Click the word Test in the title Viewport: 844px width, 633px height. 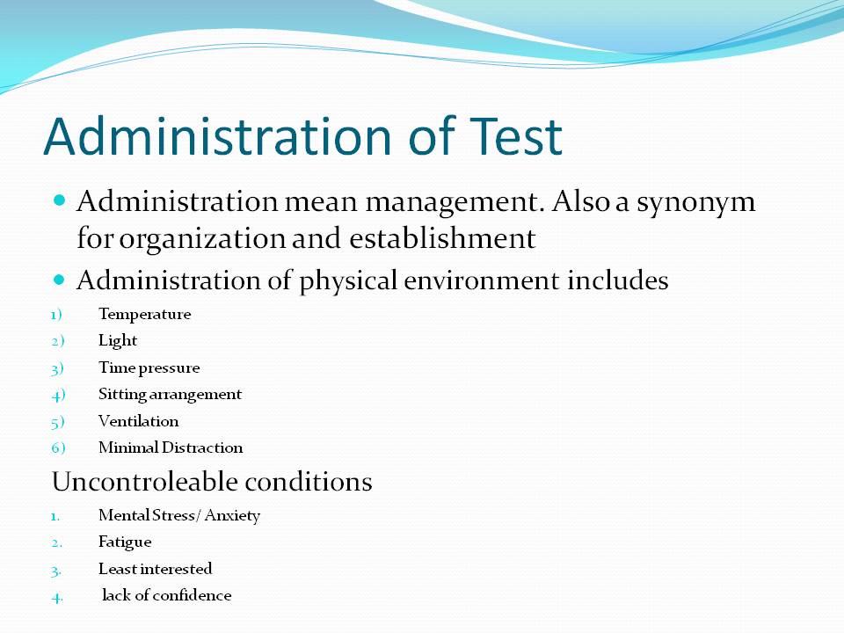coord(510,136)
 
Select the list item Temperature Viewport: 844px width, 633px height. coord(144,314)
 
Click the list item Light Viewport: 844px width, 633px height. coord(118,340)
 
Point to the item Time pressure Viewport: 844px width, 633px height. coord(149,367)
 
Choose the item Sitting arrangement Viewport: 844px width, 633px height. coord(170,394)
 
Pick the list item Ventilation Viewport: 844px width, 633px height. coord(138,421)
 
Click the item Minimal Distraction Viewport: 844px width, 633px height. coord(171,447)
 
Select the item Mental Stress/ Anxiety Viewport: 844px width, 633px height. coord(179,515)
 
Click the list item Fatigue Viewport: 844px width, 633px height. coord(125,542)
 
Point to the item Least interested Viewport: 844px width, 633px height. coord(155,569)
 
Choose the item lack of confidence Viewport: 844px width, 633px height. coord(167,595)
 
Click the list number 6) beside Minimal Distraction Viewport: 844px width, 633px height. coord(59,447)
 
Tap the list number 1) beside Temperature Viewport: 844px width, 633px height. coord(58,314)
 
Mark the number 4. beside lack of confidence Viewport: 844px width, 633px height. coord(57,596)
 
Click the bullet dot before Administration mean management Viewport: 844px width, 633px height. coord(60,200)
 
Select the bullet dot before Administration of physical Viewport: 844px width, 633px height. coord(60,280)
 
